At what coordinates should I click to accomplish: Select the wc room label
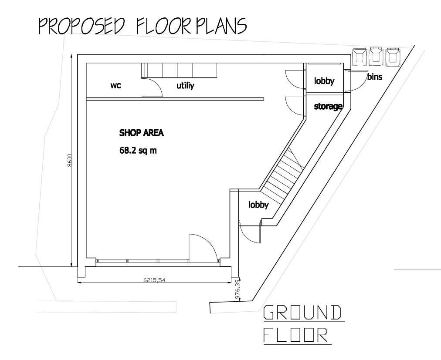115,86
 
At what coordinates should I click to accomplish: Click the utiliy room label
185,86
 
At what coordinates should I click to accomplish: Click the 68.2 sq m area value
138,150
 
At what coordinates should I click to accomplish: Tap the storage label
328,106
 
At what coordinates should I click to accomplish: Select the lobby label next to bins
324,81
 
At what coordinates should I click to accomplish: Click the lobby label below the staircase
258,205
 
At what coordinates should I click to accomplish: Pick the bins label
374,77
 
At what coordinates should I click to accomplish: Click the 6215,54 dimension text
154,280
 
